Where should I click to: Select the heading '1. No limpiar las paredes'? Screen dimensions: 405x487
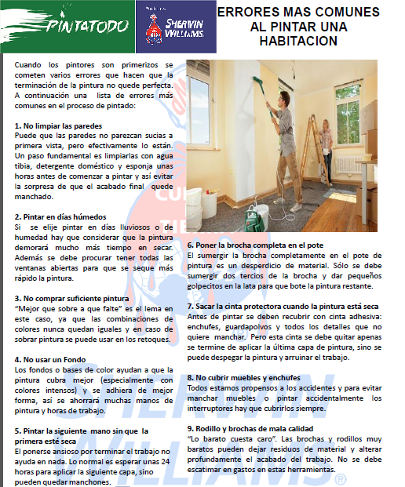[x=59, y=125]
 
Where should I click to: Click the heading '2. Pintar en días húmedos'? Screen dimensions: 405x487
[x=61, y=216]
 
